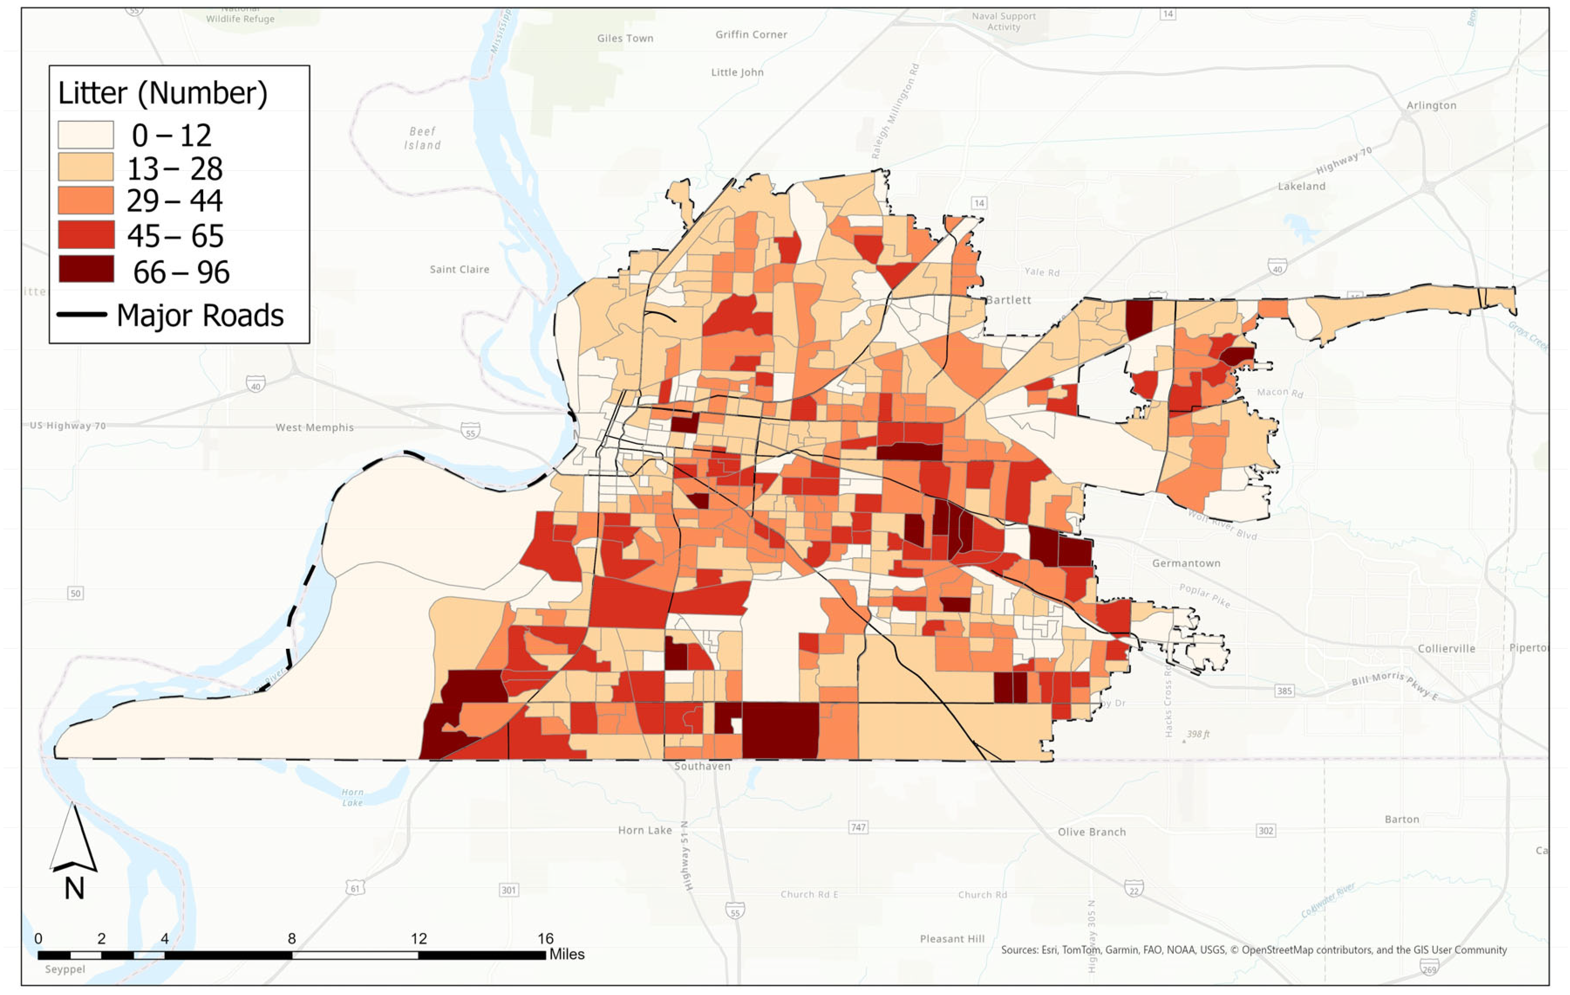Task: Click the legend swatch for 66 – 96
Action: coord(85,269)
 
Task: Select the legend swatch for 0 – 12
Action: coord(85,134)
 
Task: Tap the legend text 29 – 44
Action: coord(174,200)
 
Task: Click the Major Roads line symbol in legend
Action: coord(82,314)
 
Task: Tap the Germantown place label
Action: coord(1185,563)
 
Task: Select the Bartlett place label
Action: coord(1008,300)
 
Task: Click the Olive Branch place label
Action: coord(1091,832)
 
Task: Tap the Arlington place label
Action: coord(1430,105)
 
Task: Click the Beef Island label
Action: coord(422,138)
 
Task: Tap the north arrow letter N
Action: coord(74,888)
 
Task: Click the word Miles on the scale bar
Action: coord(567,954)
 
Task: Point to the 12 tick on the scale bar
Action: coord(419,938)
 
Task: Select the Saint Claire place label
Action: coord(459,269)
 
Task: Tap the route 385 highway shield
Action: coord(1284,691)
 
